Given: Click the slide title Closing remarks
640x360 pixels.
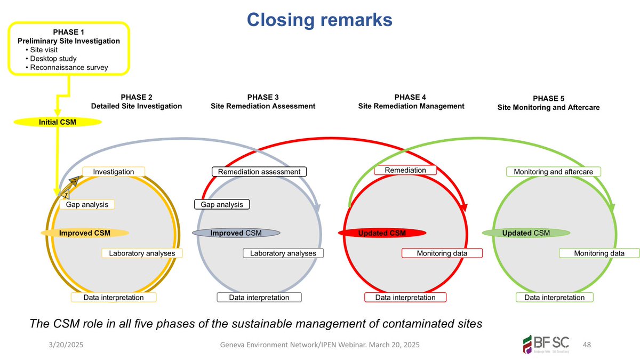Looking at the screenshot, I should click(319, 20).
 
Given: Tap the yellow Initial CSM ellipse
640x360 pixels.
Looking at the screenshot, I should click(57, 122).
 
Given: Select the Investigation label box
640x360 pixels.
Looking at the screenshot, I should click(114, 172).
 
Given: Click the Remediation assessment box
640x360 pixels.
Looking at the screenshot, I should click(260, 172).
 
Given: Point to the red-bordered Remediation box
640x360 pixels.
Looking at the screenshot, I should click(405, 170).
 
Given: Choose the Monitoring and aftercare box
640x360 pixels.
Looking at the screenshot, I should click(553, 172).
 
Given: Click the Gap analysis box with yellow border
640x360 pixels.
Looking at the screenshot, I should click(87, 204).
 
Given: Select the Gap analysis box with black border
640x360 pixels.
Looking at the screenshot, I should click(222, 204).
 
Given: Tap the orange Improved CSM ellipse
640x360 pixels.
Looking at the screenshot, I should click(85, 233).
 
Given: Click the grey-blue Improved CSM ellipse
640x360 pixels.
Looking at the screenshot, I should click(236, 233).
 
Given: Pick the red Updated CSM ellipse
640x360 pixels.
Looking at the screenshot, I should click(382, 233).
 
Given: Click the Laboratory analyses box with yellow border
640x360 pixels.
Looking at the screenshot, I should click(142, 253).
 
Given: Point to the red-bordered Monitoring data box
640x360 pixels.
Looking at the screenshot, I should click(442, 253).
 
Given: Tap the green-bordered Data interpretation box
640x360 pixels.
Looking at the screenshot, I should click(555, 297).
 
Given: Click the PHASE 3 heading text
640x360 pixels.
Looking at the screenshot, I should click(263, 97).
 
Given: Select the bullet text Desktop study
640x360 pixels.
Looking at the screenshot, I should click(53, 58).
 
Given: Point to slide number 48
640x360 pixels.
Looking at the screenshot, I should click(588, 345).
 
